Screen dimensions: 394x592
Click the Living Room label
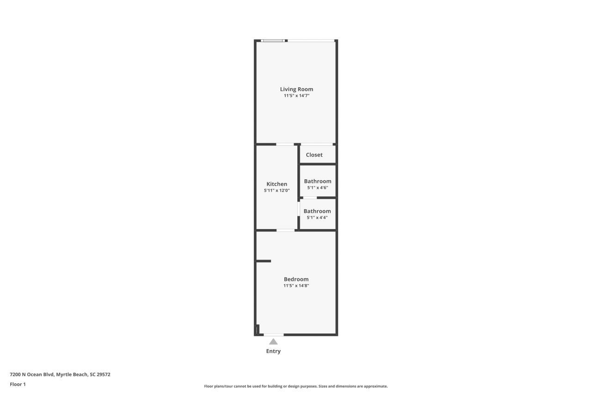(296, 89)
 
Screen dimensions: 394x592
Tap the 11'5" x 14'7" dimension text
(296, 96)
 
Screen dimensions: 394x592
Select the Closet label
(314, 155)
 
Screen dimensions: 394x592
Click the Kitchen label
(277, 184)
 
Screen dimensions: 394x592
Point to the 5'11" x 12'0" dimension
(277, 190)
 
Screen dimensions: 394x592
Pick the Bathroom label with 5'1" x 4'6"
(317, 181)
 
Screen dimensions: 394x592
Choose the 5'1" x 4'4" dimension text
(317, 218)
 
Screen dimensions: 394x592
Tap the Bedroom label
(296, 279)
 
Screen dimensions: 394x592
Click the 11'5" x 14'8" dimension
(296, 285)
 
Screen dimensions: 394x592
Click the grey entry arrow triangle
(273, 342)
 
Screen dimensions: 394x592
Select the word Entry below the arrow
(273, 351)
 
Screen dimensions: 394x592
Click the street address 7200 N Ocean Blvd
(60, 375)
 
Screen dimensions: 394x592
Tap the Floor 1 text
(18, 384)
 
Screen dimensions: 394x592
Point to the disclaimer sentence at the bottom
(296, 386)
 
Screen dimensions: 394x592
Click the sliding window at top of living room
(273, 41)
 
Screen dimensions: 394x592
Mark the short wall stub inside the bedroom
(264, 261)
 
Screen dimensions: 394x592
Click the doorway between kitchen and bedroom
(285, 230)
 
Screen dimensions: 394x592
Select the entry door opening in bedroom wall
(273, 334)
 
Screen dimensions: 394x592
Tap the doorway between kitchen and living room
(285, 144)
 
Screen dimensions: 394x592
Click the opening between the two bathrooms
(310, 198)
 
